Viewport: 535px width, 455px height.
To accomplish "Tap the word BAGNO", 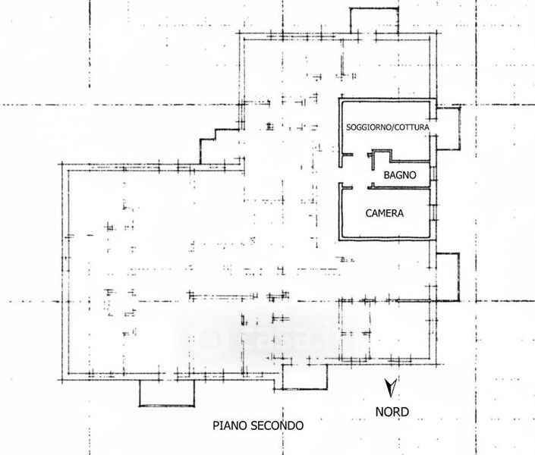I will tap(399, 175).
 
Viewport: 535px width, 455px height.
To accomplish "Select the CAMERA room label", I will tap(385, 213).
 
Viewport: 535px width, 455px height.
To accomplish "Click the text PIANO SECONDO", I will tap(258, 426).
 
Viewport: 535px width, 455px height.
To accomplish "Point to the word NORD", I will tap(392, 413).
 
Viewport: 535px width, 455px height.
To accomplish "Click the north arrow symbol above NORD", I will tap(390, 388).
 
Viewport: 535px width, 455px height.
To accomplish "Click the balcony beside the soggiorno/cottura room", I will tap(448, 127).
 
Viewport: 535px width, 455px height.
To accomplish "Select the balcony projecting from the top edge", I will tap(369, 20).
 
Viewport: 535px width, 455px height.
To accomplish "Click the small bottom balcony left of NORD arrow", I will tap(305, 375).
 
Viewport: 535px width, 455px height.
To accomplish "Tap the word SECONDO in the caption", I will tap(277, 426).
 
